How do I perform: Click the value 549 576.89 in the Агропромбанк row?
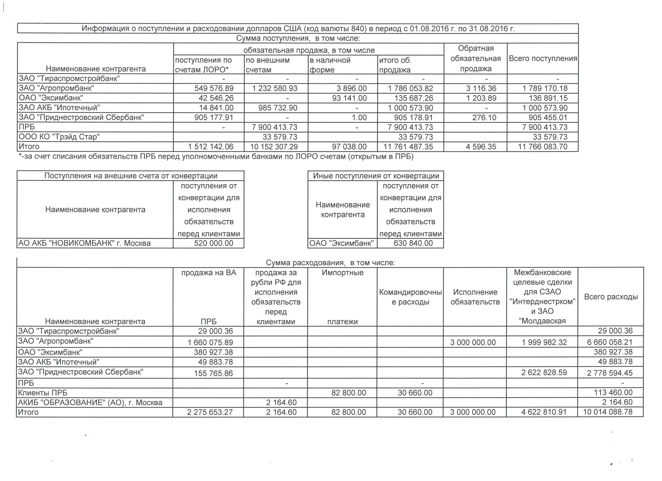[x=214, y=88]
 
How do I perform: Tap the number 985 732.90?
[x=278, y=108]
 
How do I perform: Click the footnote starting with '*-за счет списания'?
[x=216, y=157]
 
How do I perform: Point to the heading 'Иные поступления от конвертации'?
[x=376, y=176]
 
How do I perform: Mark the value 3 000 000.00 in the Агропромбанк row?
[x=473, y=342]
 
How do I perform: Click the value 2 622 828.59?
[x=544, y=373]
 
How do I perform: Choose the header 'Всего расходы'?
[x=611, y=297]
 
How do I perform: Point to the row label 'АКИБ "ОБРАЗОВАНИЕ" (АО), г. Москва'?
[x=90, y=403]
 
